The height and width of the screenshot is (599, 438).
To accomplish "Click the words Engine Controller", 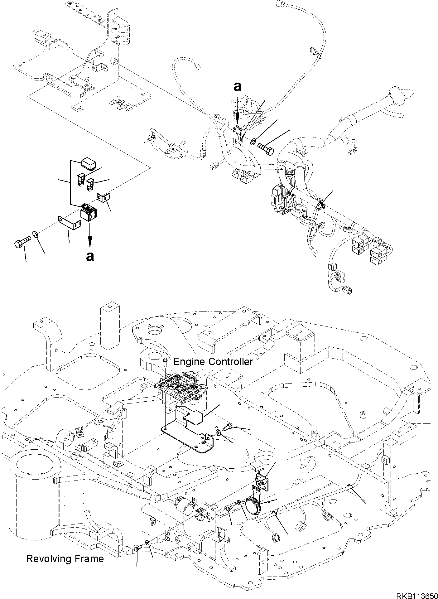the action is [213, 362].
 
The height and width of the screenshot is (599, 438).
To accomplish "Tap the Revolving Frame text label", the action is [65, 558].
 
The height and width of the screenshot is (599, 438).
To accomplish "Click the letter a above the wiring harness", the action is [238, 87].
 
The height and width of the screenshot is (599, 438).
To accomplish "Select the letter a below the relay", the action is [90, 256].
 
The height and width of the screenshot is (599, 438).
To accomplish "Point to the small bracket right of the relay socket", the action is [105, 197].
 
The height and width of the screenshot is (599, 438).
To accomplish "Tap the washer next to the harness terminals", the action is [253, 142].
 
